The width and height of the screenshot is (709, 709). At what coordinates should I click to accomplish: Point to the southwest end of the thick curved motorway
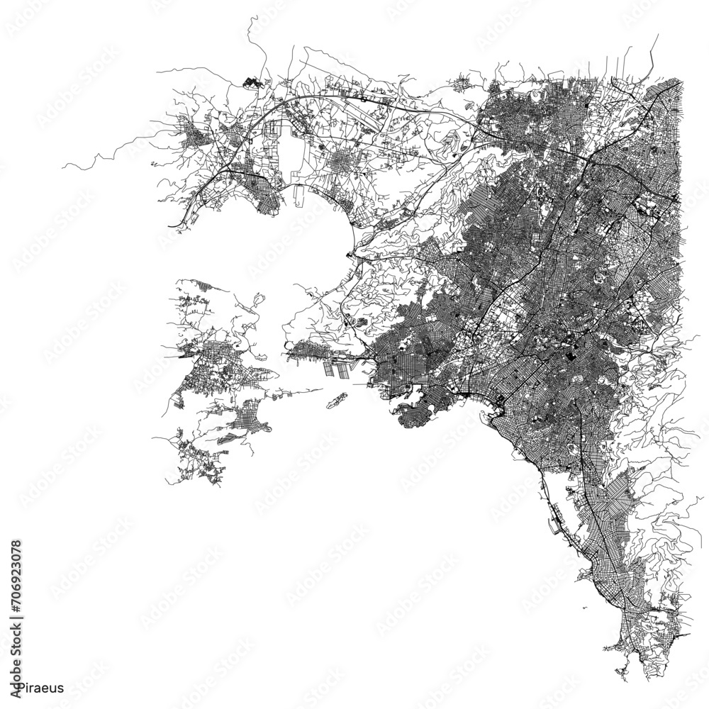(x=170, y=225)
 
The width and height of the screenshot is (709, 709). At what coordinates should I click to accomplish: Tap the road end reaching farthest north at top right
(x=658, y=34)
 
